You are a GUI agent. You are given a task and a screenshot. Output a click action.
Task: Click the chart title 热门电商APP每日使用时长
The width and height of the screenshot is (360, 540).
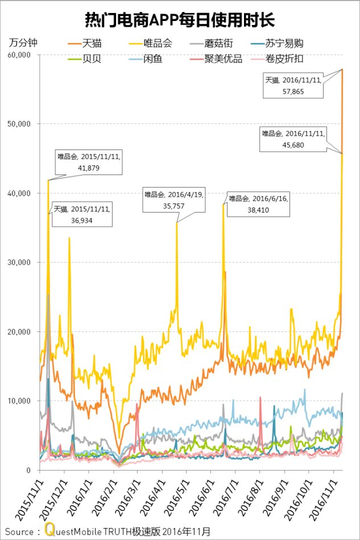(x=180, y=22)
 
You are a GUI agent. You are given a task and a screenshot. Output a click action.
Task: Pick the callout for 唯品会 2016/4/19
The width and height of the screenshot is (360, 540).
(x=173, y=200)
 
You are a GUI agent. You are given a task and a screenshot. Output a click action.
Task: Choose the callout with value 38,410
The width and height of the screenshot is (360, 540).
(x=258, y=204)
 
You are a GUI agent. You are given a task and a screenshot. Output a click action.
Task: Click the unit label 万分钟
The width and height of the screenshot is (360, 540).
(x=22, y=43)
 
